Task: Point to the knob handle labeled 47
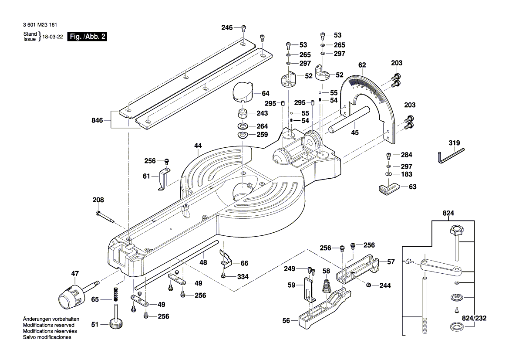(x=71, y=296)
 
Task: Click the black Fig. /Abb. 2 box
(x=88, y=37)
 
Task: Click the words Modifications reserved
(x=48, y=325)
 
